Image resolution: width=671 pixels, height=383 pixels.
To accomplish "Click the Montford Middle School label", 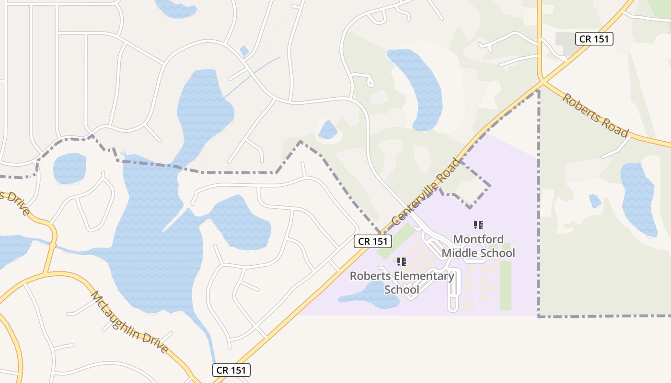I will pyautogui.click(x=478, y=246).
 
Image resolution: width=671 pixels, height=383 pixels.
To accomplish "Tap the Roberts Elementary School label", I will pyautogui.click(x=402, y=282).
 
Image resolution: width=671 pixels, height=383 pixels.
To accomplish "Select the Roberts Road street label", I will pyautogui.click(x=595, y=115).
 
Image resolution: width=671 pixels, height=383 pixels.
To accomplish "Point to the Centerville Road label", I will pyautogui.click(x=426, y=192).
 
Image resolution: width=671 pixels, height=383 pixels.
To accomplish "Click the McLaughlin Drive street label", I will pyautogui.click(x=129, y=322).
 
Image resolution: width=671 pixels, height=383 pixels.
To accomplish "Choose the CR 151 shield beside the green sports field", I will pyautogui.click(x=373, y=241).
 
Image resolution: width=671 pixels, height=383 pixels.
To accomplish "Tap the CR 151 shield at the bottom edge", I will pyautogui.click(x=231, y=370).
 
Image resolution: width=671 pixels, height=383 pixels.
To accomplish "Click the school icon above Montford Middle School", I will pyautogui.click(x=478, y=225).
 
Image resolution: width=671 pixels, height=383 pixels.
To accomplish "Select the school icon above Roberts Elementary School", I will pyautogui.click(x=402, y=261).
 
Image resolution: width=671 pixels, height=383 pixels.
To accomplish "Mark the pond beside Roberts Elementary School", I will pyautogui.click(x=371, y=294).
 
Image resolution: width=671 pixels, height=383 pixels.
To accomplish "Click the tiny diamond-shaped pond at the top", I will pyautogui.click(x=244, y=50).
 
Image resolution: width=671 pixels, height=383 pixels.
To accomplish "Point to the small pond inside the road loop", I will pyautogui.click(x=328, y=130).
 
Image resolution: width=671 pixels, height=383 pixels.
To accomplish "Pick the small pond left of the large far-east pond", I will pyautogui.click(x=595, y=201).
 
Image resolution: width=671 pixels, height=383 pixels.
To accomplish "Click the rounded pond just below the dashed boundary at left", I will pyautogui.click(x=69, y=169).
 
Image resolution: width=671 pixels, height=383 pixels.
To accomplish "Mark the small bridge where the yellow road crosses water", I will pyautogui.click(x=52, y=246).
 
